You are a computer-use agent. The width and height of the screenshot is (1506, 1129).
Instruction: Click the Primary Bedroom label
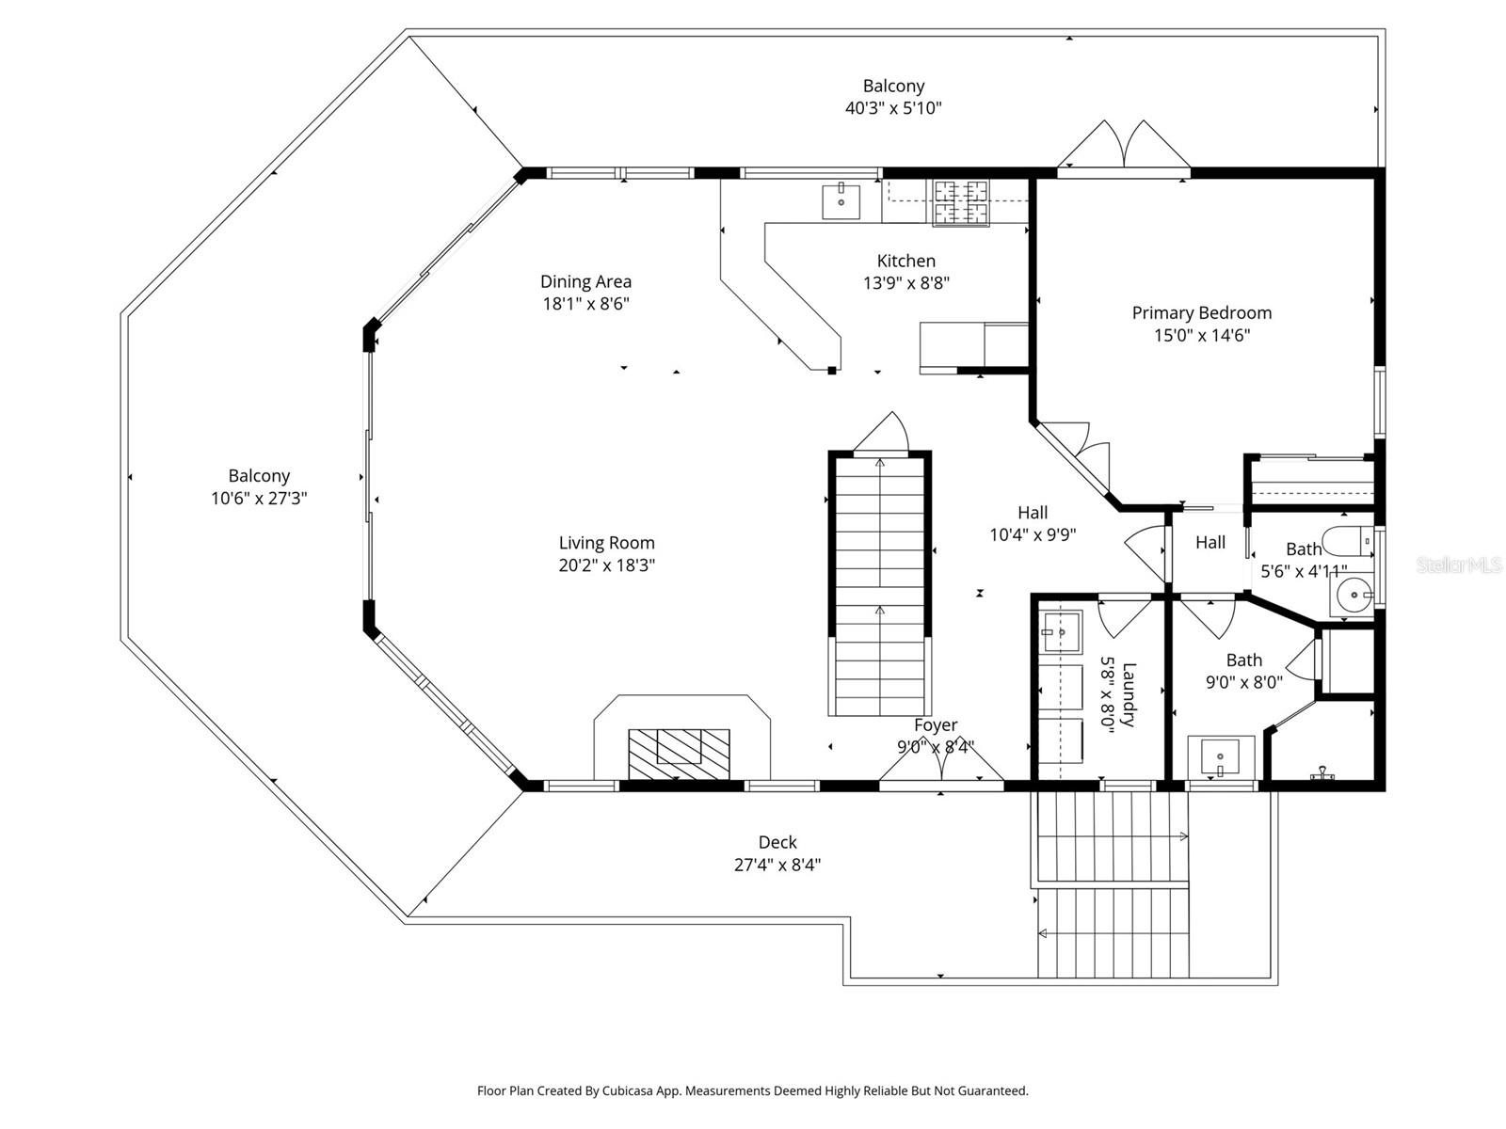[1201, 313]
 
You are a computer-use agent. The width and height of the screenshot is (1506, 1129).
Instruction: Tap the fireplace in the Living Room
[679, 752]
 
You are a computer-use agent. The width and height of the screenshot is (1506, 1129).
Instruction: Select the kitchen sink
[841, 202]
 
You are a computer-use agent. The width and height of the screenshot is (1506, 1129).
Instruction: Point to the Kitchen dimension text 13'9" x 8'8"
[905, 283]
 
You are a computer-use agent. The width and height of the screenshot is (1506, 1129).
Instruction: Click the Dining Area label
[585, 281]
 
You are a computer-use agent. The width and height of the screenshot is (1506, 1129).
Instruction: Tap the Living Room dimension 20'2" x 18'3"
[606, 565]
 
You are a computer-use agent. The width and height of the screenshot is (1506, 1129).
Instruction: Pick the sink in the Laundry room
[1062, 631]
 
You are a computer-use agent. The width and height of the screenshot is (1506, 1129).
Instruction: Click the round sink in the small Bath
[1353, 595]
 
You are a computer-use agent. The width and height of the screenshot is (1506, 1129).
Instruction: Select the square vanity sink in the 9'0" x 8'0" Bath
[1221, 757]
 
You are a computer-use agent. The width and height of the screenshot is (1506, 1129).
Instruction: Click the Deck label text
[777, 842]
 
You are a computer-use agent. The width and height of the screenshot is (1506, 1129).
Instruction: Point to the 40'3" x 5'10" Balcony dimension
[893, 108]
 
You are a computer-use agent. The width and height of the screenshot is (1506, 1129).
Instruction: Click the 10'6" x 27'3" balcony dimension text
[259, 499]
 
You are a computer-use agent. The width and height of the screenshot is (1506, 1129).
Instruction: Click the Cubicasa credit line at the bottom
[752, 1091]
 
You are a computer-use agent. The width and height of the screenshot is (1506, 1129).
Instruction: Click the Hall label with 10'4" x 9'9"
[1032, 513]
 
